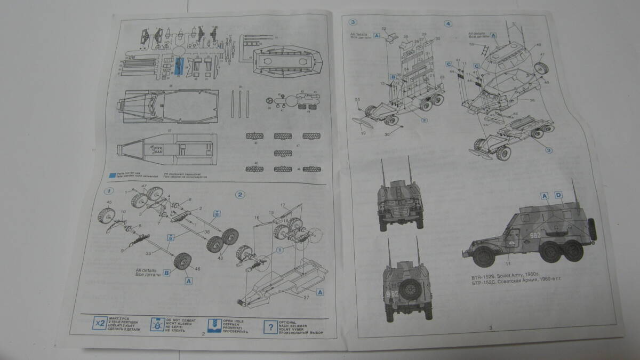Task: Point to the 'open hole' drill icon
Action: click(214, 325)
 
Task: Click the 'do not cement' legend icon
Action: click(156, 324)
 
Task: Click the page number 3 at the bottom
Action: click(490, 327)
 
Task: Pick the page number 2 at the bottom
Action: click(204, 334)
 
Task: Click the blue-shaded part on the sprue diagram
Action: click(178, 67)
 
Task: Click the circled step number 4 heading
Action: click(449, 23)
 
